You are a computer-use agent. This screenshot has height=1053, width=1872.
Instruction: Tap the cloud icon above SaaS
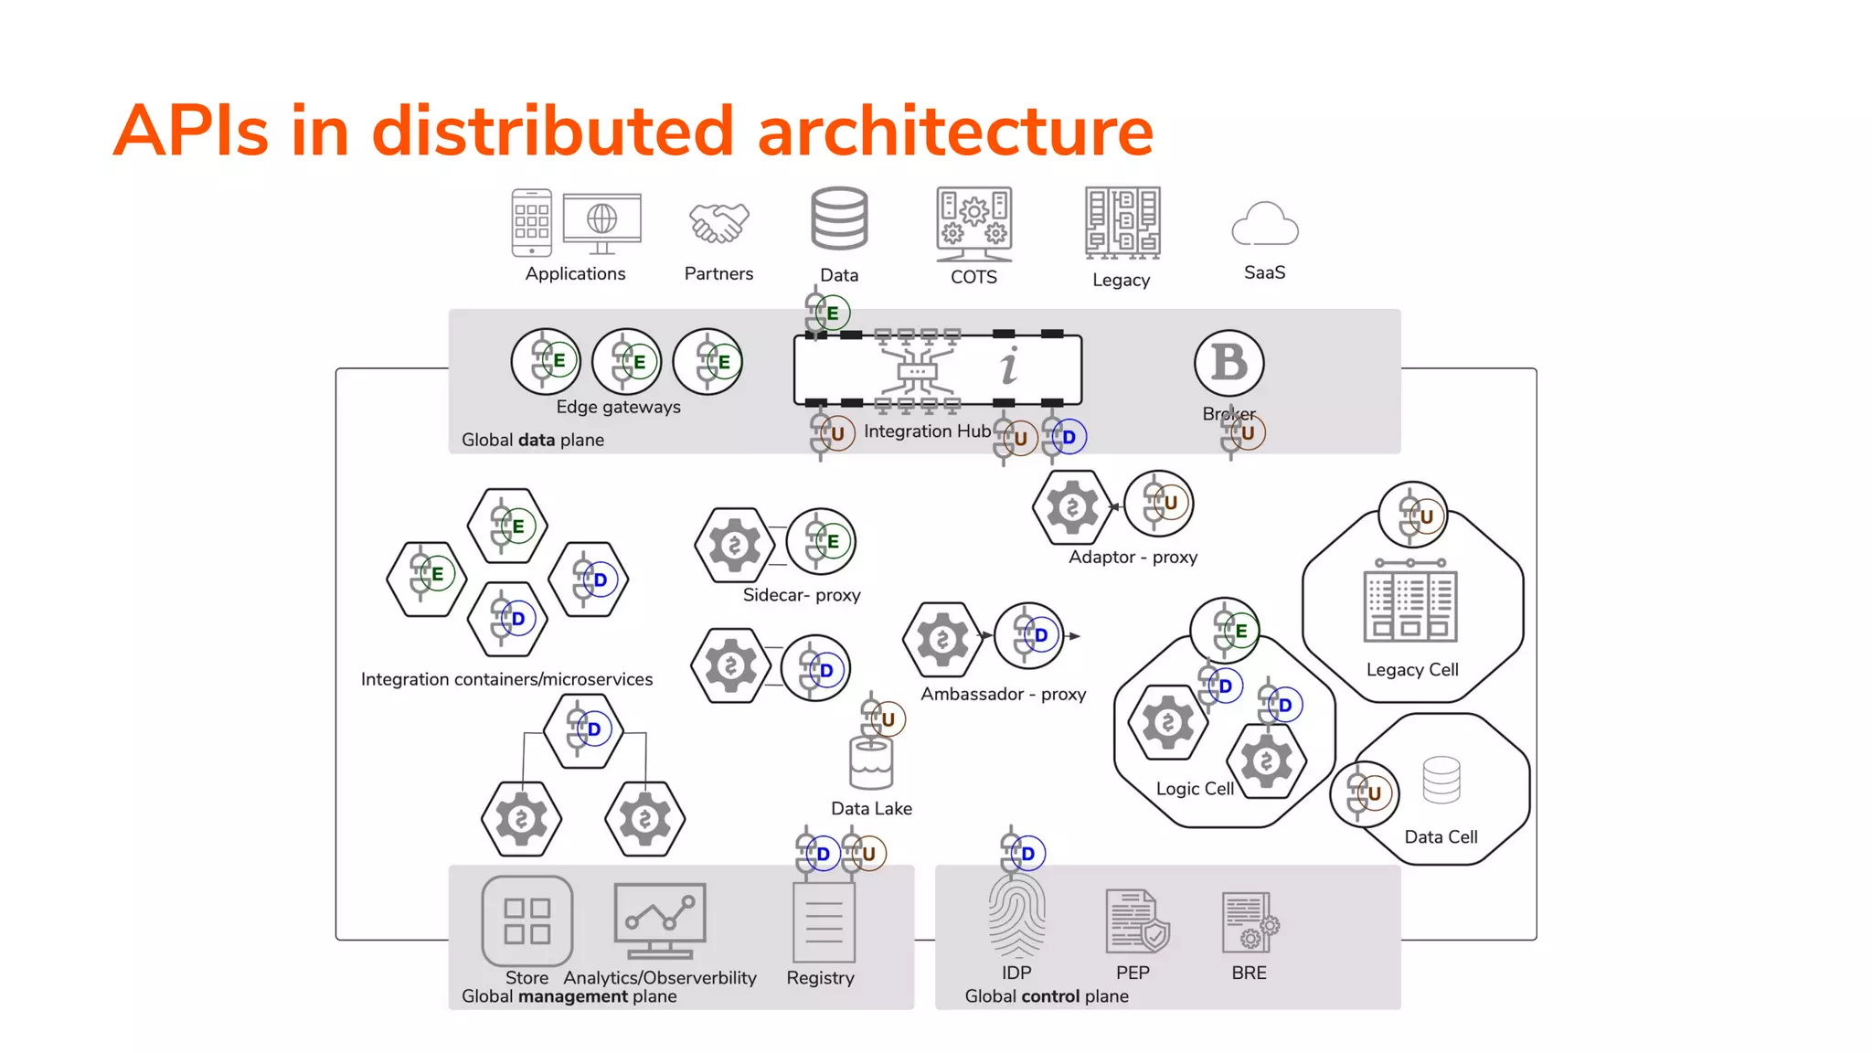click(x=1264, y=225)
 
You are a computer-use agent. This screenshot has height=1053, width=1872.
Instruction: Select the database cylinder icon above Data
click(x=839, y=219)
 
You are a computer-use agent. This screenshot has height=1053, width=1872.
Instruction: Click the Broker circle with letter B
click(x=1228, y=363)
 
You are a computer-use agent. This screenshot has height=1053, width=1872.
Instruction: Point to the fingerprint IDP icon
click(x=1016, y=916)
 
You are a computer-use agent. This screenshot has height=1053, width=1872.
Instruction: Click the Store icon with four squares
click(x=527, y=920)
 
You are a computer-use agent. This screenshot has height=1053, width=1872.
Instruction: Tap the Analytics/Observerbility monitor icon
click(x=660, y=920)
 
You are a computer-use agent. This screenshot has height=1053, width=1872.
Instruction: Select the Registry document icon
click(x=824, y=921)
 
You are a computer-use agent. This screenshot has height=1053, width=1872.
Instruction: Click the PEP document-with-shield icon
click(x=1136, y=921)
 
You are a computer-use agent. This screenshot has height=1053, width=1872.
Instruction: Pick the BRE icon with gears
click(x=1250, y=922)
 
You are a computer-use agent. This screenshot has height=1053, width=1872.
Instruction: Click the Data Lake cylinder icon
click(x=870, y=763)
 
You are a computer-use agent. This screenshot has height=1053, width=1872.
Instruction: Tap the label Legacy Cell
click(x=1412, y=670)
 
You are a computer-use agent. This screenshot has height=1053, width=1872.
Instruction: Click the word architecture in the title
click(x=955, y=131)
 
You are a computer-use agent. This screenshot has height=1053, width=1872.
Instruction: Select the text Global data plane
click(x=532, y=440)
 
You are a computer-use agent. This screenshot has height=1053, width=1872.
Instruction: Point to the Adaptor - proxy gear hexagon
click(x=1072, y=507)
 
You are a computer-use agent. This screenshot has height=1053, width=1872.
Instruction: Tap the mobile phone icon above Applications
click(x=531, y=223)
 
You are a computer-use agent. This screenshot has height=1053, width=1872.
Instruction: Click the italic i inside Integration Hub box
click(x=1009, y=367)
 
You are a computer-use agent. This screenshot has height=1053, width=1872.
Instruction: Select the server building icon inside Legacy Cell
click(x=1410, y=602)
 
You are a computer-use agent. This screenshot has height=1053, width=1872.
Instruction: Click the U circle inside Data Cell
click(x=1366, y=793)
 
